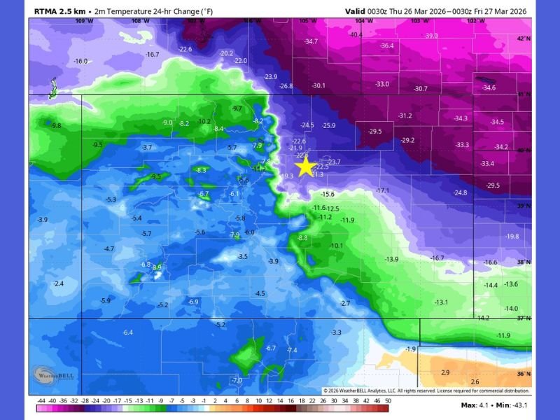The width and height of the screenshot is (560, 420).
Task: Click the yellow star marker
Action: [x=305, y=167]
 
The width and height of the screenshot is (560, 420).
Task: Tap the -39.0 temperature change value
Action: [x=430, y=36]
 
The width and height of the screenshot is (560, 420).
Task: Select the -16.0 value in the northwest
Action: [x=80, y=62]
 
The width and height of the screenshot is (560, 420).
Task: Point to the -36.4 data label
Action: [x=386, y=46]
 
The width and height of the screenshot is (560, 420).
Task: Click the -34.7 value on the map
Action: [x=311, y=42]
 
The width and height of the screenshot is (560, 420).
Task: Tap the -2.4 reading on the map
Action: [x=59, y=283]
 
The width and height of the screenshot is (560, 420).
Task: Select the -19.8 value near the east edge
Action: [x=512, y=237]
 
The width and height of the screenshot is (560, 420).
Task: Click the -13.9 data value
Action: [x=391, y=260]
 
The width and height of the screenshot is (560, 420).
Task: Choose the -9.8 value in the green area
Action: [x=55, y=126]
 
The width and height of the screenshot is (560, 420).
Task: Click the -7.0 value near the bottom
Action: [x=237, y=380]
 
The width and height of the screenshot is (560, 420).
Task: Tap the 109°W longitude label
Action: [x=83, y=21]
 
